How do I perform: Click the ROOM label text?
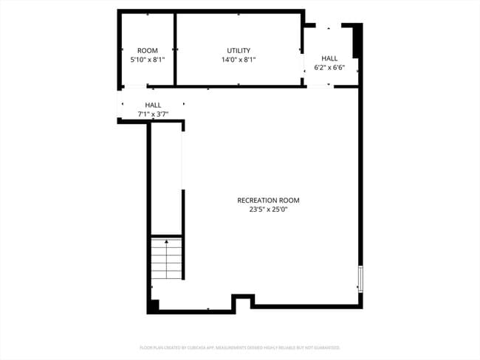tap(148, 51)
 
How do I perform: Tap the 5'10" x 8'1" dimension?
tap(148, 60)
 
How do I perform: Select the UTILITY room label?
tap(239, 51)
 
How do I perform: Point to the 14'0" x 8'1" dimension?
tap(239, 60)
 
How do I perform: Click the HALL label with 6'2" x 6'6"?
tap(329, 58)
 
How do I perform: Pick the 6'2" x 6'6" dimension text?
tap(329, 67)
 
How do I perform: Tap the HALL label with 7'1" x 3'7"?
tap(153, 105)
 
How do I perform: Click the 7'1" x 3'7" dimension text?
tap(153, 114)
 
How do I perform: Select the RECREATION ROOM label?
tap(268, 200)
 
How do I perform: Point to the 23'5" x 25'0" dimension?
tap(268, 210)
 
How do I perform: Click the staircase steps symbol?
tap(167, 259)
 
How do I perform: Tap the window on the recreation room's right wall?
tap(360, 279)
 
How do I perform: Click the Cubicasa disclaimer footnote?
tap(240, 347)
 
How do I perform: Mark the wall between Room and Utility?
tap(175, 49)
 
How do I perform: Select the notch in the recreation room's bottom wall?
tap(243, 301)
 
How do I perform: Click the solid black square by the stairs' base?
tap(153, 305)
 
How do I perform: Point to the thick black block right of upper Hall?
tap(357, 41)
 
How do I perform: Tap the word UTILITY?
tap(239, 51)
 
